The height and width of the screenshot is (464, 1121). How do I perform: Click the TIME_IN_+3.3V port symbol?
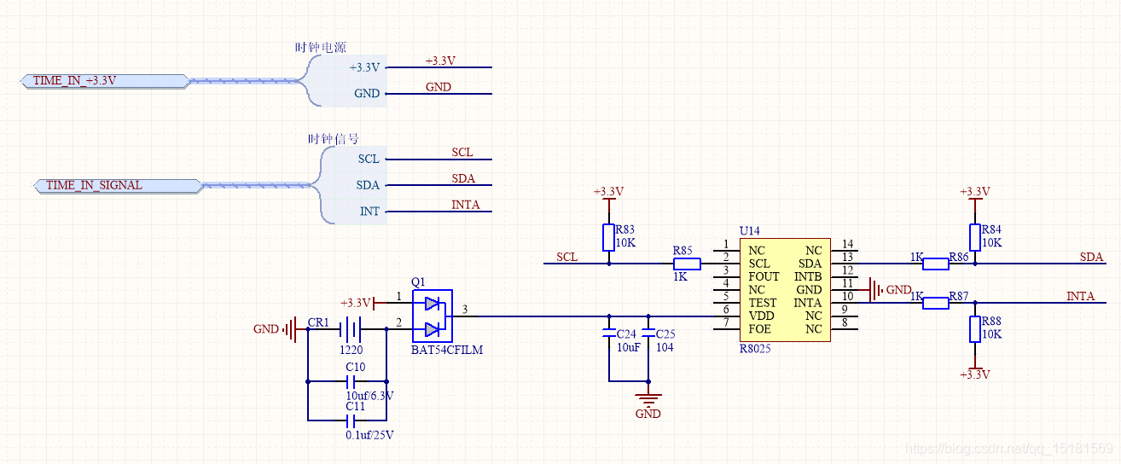[105, 81]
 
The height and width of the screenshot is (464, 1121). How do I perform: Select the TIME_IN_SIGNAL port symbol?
[119, 186]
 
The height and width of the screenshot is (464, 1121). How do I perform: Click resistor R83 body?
[608, 237]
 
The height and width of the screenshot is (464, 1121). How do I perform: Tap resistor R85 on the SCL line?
[687, 264]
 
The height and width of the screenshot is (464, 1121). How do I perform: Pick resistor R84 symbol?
[975, 237]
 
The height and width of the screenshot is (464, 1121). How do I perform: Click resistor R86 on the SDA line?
[935, 264]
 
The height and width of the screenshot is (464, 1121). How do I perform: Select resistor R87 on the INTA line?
[935, 303]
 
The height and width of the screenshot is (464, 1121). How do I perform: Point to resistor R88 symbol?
[975, 329]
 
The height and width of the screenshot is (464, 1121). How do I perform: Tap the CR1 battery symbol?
[351, 329]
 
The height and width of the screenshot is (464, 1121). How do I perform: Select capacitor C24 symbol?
[609, 333]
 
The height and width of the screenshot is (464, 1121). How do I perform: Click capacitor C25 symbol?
[648, 333]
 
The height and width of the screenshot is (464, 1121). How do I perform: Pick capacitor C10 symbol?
[351, 381]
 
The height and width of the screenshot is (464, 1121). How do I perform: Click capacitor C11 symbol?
[351, 421]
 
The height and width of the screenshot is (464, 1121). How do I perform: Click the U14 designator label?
[750, 231]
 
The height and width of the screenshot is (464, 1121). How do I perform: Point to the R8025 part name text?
[755, 348]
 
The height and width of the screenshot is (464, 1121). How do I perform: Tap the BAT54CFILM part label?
[447, 350]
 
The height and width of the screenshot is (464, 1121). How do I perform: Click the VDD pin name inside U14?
[761, 316]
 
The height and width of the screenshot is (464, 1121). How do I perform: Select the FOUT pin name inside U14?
[764, 277]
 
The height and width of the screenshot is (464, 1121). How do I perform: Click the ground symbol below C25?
[648, 398]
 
